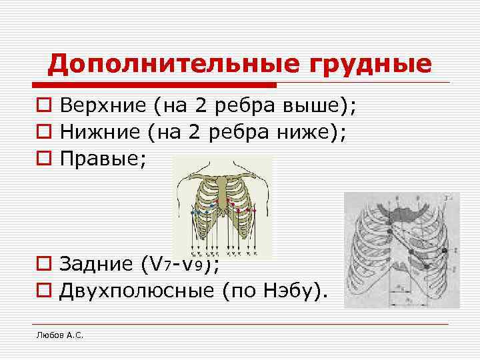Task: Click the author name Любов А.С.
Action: tap(60, 335)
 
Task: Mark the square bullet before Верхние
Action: tap(43, 105)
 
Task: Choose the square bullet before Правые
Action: tap(43, 159)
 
